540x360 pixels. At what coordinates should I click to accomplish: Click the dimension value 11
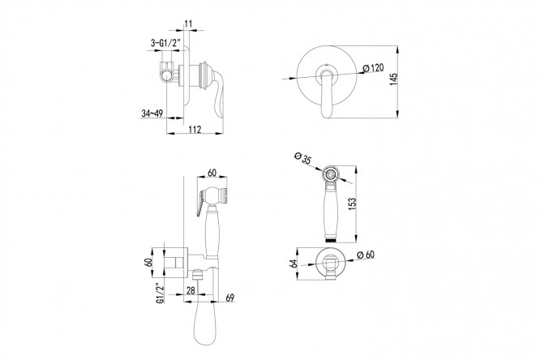click(x=188, y=24)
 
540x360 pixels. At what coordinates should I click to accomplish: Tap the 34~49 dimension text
click(x=152, y=113)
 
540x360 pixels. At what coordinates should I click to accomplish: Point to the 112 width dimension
click(x=195, y=129)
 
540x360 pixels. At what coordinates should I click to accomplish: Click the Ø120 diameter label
click(x=373, y=68)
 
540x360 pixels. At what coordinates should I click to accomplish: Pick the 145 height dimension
click(x=393, y=79)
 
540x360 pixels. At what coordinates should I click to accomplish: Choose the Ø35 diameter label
click(x=303, y=158)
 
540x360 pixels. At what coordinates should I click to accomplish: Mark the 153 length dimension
click(x=352, y=204)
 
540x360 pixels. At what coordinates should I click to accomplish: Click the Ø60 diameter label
click(x=366, y=255)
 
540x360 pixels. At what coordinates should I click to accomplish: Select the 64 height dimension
click(x=294, y=264)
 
